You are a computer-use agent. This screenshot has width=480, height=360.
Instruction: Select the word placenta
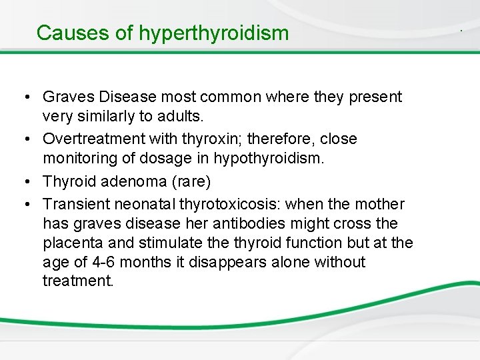pos(70,243)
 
